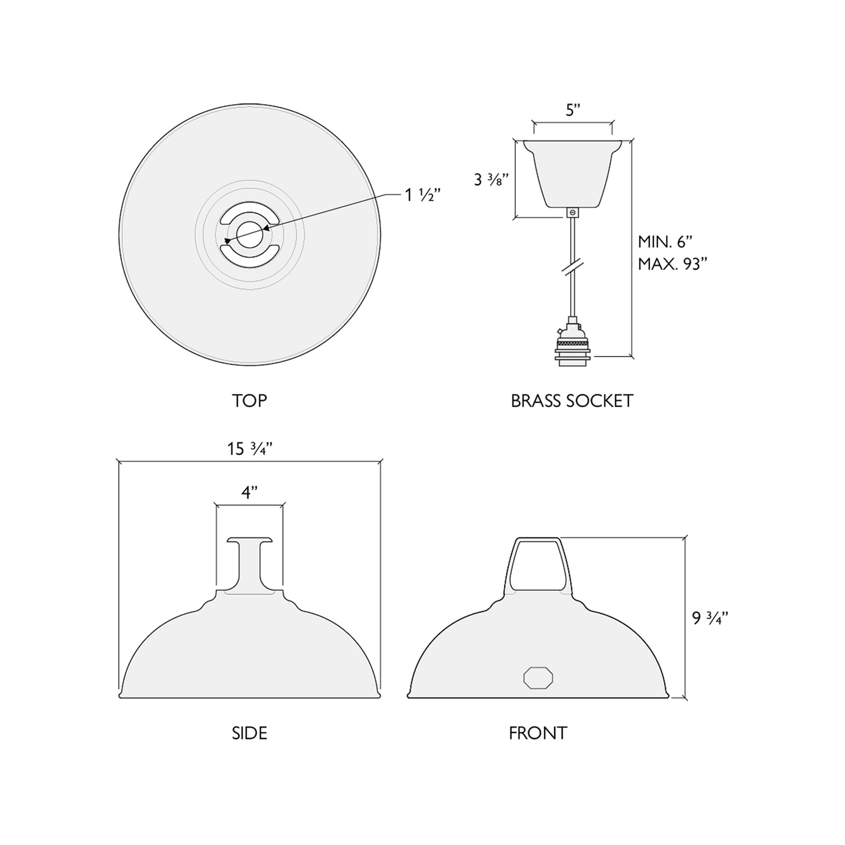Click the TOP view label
(x=249, y=401)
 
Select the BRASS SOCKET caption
(x=572, y=401)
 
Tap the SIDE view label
(x=249, y=733)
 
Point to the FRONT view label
(x=537, y=733)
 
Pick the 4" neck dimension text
(x=250, y=492)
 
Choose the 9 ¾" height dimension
(x=710, y=618)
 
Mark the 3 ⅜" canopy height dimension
(x=491, y=180)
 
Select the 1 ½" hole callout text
(x=422, y=195)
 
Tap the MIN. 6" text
(x=665, y=242)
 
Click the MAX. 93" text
(x=673, y=264)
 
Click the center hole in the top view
(x=249, y=234)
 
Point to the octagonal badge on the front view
(x=538, y=678)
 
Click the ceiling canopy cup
(x=573, y=172)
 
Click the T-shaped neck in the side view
(x=249, y=563)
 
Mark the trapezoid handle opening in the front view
(x=538, y=563)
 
